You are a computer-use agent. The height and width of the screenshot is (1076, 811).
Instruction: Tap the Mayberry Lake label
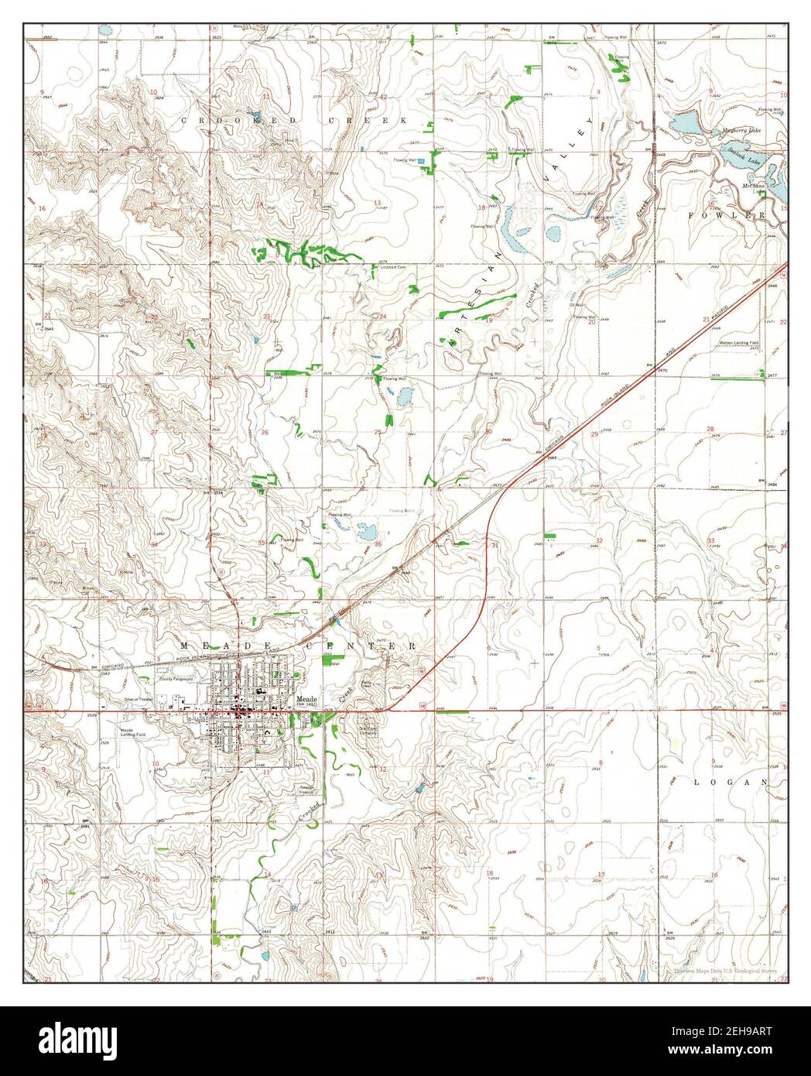click(x=741, y=131)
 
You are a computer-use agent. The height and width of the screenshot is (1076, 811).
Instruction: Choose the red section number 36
click(x=378, y=544)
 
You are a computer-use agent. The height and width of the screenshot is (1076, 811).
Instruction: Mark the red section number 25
click(x=378, y=431)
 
